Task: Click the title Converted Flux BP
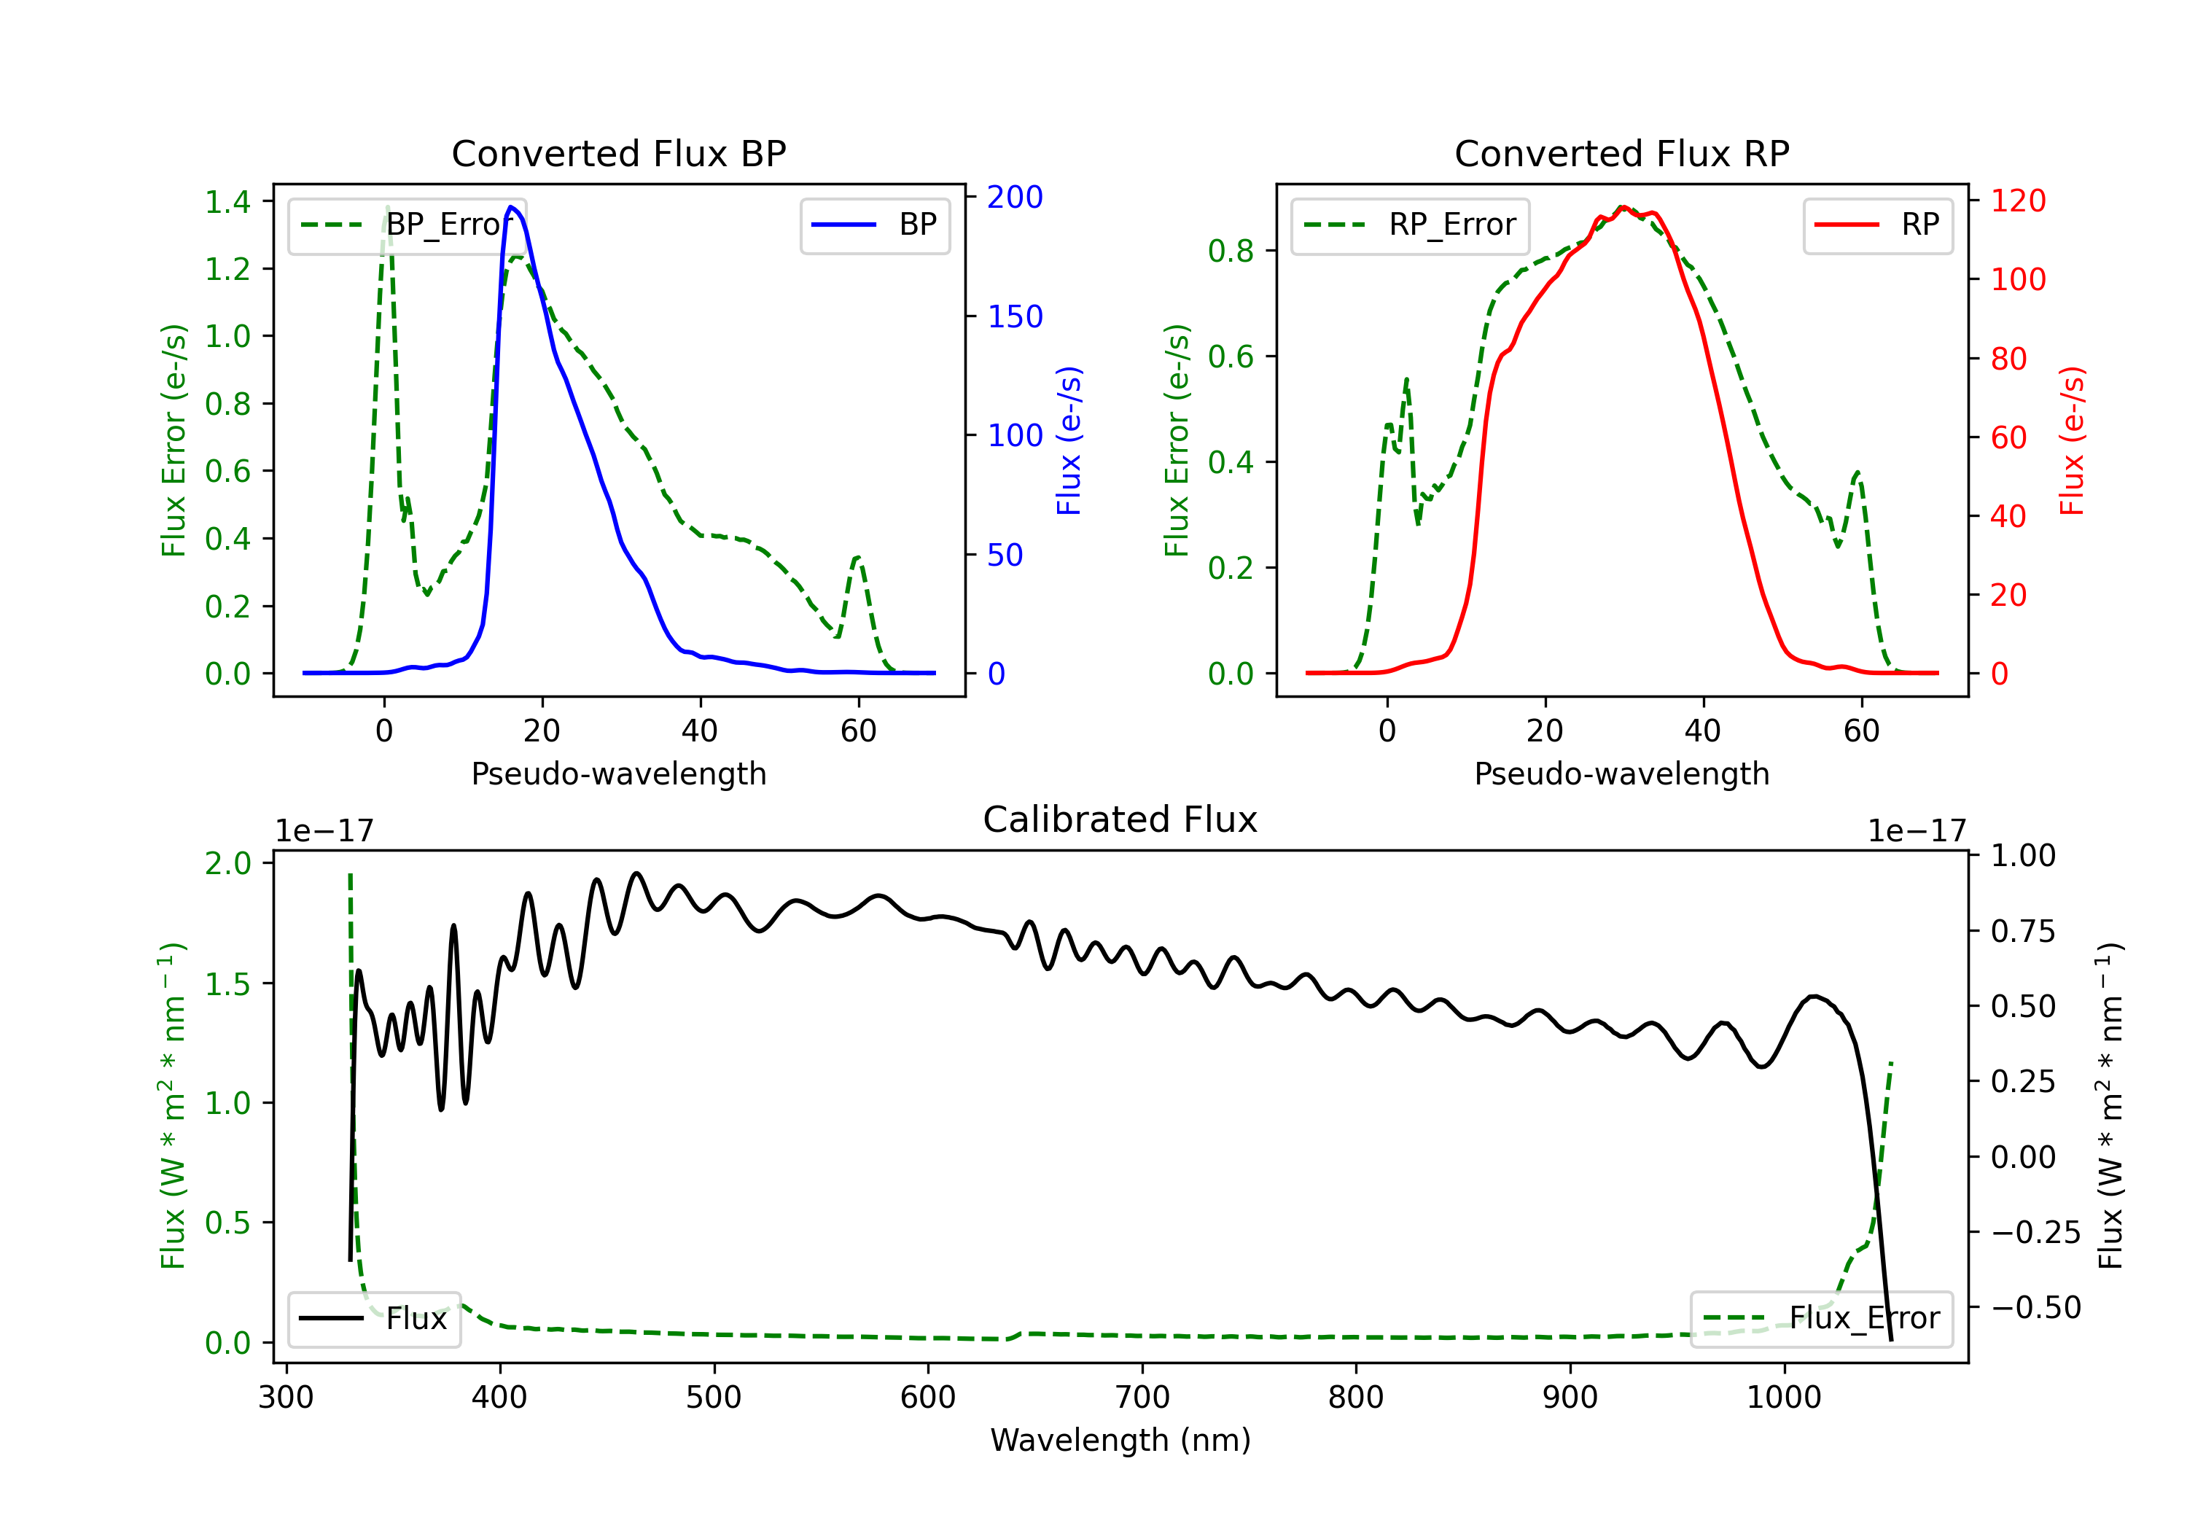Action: click(618, 153)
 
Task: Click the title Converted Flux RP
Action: click(1621, 153)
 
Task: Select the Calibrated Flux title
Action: click(1120, 819)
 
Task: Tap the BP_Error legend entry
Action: click(407, 225)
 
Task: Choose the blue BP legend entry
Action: click(874, 225)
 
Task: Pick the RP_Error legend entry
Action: click(1410, 225)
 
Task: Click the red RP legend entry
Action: click(1877, 225)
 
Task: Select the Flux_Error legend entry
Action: click(1821, 1319)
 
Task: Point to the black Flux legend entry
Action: click(373, 1319)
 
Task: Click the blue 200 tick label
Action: click(1015, 198)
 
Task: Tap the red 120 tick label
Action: click(2017, 201)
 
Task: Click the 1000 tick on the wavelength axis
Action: click(1783, 1397)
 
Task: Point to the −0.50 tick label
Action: click(2035, 1307)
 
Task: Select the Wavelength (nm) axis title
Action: click(1120, 1440)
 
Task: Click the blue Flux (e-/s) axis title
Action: click(1069, 440)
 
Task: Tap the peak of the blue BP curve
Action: click(512, 207)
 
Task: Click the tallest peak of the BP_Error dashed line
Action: click(386, 208)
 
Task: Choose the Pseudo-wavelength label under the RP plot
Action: click(1621, 774)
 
